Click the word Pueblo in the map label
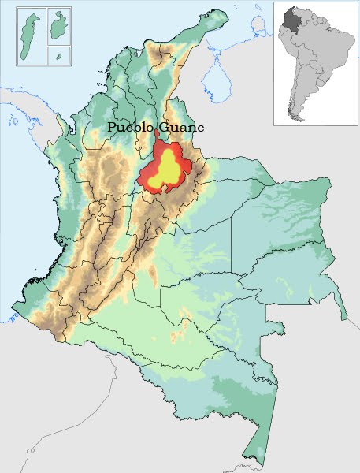(130, 127)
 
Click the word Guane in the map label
(180, 127)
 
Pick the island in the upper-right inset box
(58, 28)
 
